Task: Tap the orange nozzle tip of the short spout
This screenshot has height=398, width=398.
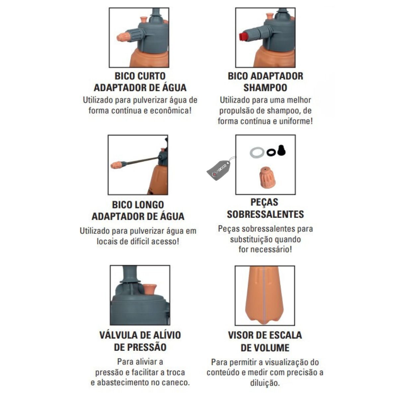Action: tap(123, 37)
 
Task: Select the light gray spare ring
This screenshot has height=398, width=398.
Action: tap(257, 152)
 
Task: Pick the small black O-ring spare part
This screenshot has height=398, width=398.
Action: tap(271, 152)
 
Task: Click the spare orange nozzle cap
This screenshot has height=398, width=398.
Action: tap(267, 178)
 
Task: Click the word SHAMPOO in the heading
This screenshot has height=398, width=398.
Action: tap(265, 88)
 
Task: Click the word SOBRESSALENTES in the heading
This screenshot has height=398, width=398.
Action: tap(265, 214)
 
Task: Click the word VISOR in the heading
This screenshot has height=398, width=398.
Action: tap(241, 335)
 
